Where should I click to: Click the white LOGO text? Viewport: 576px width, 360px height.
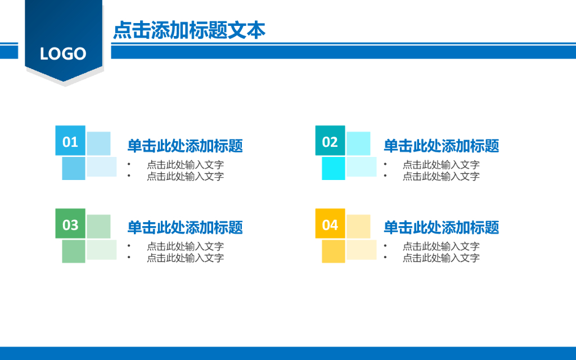(x=63, y=54)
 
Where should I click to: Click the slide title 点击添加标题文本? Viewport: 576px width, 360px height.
(x=189, y=30)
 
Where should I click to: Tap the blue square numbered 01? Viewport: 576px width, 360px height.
(x=70, y=141)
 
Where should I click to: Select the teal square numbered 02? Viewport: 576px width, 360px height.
(x=330, y=141)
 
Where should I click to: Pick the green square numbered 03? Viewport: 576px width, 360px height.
(x=70, y=224)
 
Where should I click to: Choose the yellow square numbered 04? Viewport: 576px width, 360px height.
(x=330, y=224)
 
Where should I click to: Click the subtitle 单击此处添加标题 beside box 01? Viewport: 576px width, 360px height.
(x=185, y=146)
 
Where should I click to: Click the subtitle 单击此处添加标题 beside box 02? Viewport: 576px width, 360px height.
(x=441, y=146)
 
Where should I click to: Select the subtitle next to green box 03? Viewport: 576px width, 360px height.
(x=185, y=228)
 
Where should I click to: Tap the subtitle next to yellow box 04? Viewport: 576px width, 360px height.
(x=441, y=228)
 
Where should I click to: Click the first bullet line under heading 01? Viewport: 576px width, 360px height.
(x=185, y=165)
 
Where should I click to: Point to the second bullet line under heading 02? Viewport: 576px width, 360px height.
(x=441, y=176)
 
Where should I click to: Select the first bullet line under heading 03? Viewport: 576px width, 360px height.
(x=185, y=246)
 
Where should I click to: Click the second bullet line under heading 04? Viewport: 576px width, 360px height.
(x=441, y=258)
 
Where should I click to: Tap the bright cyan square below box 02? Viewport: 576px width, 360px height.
(x=333, y=169)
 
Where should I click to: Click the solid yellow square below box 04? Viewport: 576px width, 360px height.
(x=333, y=251)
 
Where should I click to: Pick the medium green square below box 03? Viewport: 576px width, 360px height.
(x=73, y=251)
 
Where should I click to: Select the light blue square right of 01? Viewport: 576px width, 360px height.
(x=99, y=143)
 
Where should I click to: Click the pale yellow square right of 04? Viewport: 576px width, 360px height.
(x=359, y=226)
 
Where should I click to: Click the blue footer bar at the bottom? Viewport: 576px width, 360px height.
(x=288, y=353)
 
